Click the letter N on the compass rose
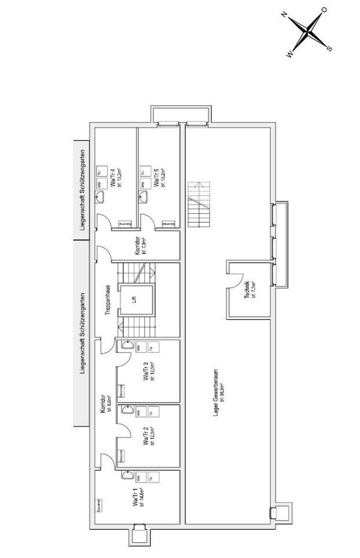pos(284,15)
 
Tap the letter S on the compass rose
pos(329,48)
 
